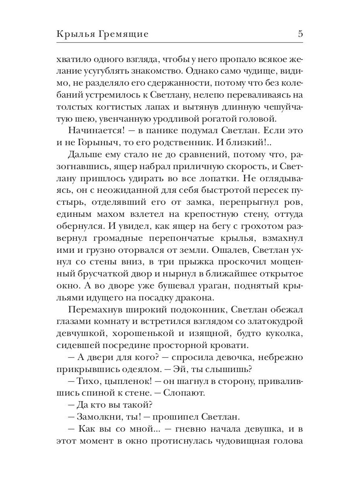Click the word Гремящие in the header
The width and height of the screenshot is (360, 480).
[123, 34]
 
